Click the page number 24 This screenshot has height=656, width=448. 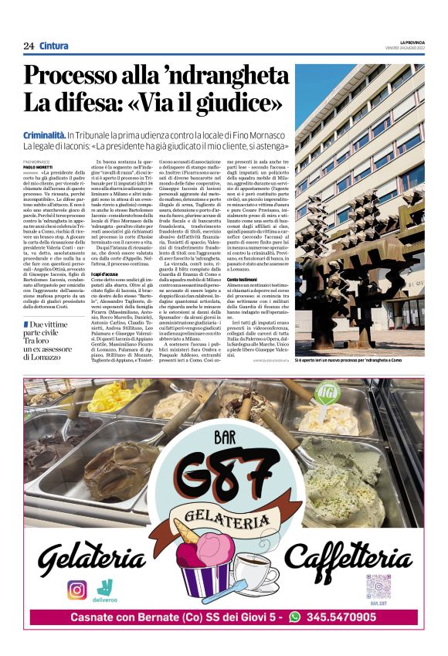click(28, 46)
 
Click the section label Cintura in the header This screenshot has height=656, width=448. click(53, 46)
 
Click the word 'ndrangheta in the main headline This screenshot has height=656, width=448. click(219, 77)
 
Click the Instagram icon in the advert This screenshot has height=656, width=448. click(76, 589)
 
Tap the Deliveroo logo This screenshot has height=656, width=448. click(106, 587)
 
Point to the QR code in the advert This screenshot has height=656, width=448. click(379, 584)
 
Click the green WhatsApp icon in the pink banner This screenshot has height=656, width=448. click(294, 617)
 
